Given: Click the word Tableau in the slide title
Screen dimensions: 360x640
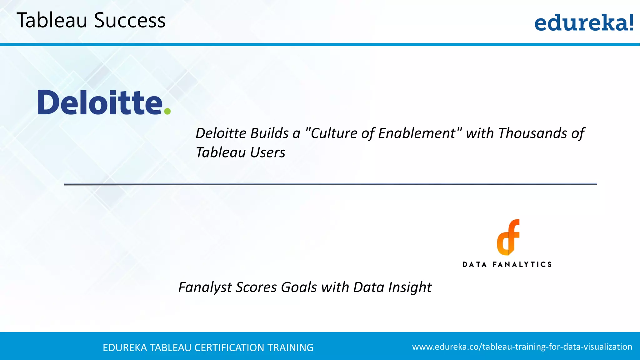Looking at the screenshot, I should click(52, 21).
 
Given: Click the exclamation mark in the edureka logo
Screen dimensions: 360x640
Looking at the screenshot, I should click(631, 22).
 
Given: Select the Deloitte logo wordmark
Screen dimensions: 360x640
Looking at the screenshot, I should click(100, 102).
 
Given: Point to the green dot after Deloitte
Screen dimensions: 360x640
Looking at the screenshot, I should click(167, 111).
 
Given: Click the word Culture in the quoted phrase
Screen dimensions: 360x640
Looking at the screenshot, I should click(334, 133).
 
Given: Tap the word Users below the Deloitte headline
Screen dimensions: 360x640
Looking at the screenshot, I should click(267, 153).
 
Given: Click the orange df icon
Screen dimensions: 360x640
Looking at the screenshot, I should click(508, 237).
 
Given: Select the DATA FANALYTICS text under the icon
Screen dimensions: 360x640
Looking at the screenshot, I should click(507, 265).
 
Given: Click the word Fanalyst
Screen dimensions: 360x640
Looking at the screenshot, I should click(205, 287).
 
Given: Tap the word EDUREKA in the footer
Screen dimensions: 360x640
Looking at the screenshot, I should click(125, 348).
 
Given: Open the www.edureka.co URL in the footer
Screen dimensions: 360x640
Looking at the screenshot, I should click(522, 347).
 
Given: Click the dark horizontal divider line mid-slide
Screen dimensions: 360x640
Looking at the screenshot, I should click(330, 184).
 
